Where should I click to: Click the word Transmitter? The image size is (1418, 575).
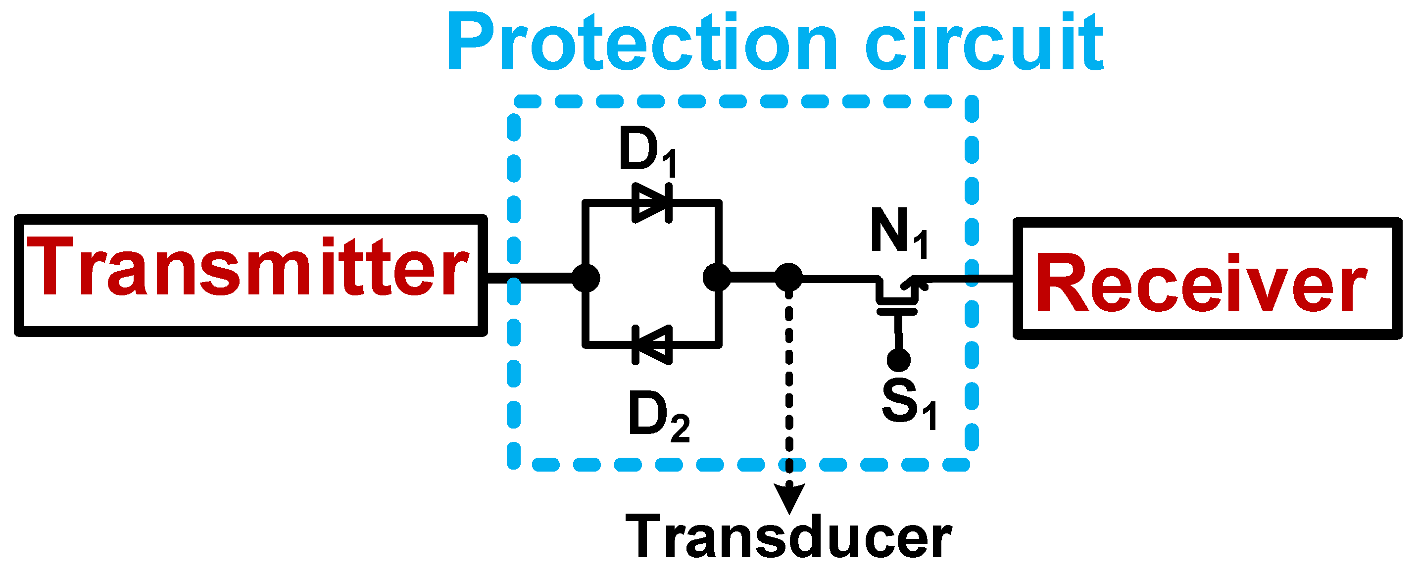pyautogui.click(x=247, y=268)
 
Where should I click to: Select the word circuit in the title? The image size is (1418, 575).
pyautogui.click(x=985, y=43)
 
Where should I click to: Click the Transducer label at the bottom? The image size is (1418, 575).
pyautogui.click(x=788, y=536)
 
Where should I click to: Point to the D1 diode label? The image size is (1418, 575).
pyautogui.click(x=647, y=151)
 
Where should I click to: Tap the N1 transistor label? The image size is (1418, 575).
pyautogui.click(x=899, y=234)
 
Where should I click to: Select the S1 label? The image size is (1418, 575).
pyautogui.click(x=908, y=404)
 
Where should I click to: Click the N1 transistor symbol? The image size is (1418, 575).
pyautogui.click(x=897, y=291)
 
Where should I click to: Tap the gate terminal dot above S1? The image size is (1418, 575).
pyautogui.click(x=898, y=361)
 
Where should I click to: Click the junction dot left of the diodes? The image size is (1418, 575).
pyautogui.click(x=586, y=278)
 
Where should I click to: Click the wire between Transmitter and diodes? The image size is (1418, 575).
pyautogui.click(x=531, y=279)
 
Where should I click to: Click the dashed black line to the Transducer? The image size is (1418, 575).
pyautogui.click(x=789, y=385)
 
